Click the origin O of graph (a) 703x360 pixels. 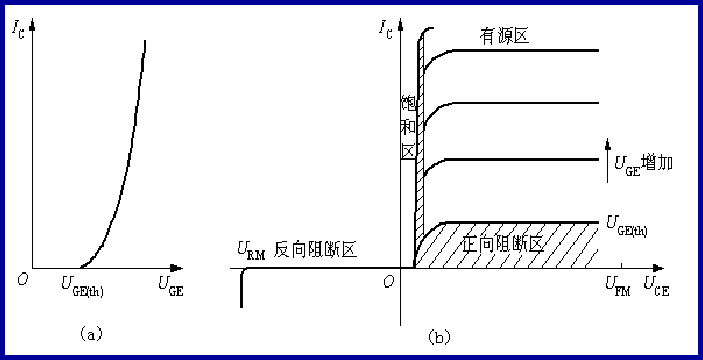[x=21, y=278]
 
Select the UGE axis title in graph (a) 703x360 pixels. [x=171, y=287]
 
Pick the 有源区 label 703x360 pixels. [x=503, y=35]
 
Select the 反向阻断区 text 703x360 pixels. [x=321, y=249]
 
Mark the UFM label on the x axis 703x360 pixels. [x=615, y=287]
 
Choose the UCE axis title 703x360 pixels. [x=656, y=287]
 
